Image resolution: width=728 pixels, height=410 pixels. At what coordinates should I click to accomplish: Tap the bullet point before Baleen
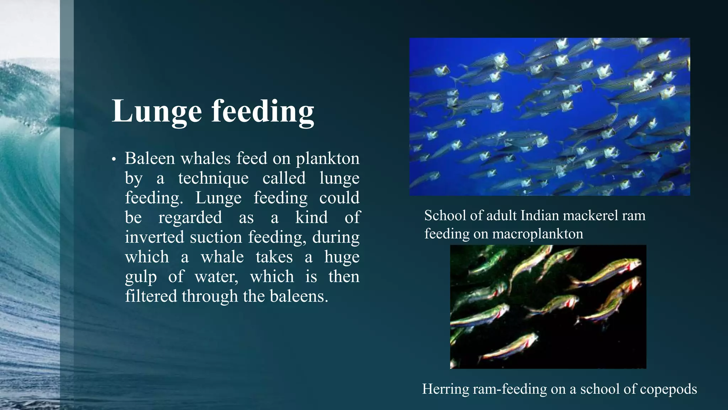pos(114,159)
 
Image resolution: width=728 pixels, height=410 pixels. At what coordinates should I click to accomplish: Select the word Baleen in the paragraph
pos(150,158)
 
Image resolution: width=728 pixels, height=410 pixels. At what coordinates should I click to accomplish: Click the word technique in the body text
pos(213,178)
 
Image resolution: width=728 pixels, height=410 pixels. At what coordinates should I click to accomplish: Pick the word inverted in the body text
pos(154,237)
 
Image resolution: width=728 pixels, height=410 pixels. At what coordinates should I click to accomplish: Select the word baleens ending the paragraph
pos(299,296)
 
